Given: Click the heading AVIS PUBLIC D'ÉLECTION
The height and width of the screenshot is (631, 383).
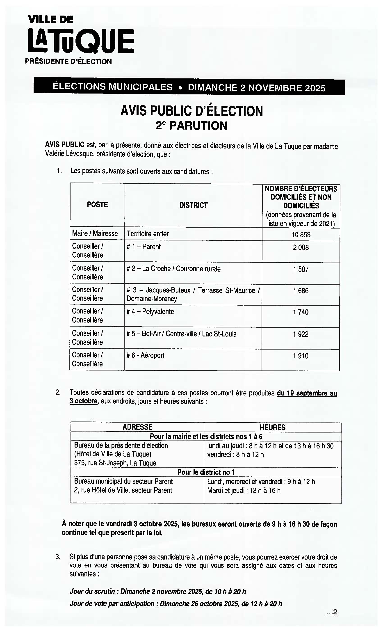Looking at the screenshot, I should point(191,111).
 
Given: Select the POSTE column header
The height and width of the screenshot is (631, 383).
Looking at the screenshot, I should point(97,205).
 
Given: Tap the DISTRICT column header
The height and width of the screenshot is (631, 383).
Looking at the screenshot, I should point(193,205).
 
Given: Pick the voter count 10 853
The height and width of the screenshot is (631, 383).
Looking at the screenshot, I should point(301,235).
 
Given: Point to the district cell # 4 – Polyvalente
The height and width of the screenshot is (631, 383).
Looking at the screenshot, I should point(150,312).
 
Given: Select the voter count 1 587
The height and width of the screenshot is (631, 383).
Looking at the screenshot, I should point(301,269).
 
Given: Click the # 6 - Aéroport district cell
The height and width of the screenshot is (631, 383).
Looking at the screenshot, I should point(145,355).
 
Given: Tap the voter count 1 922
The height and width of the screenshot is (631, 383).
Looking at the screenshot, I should point(301,334).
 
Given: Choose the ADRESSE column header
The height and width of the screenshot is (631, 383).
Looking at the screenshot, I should point(137,427).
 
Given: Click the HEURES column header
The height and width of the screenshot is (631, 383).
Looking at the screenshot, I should point(272,427).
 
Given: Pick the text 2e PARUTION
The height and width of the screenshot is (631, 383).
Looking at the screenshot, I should point(191,126).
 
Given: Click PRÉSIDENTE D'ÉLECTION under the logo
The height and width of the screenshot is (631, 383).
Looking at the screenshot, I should point(68,62).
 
